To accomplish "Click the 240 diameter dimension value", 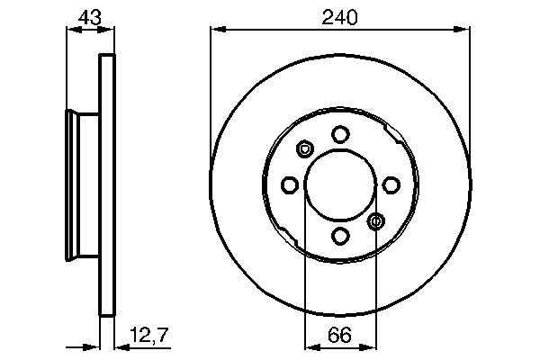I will tap(340, 15).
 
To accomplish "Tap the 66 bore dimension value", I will tap(339, 338).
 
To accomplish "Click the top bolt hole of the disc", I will tap(340, 134).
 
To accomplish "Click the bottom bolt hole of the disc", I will tap(340, 236).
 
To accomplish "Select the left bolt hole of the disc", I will tap(289, 184).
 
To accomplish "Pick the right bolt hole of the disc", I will tap(391, 184).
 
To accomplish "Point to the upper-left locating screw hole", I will tap(303, 148).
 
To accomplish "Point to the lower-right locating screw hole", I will tap(377, 221).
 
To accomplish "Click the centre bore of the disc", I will tap(340, 184).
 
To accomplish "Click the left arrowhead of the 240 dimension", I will tap(216, 30).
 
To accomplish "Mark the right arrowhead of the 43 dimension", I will tap(112, 30).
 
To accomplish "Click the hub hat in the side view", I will tap(84, 184).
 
